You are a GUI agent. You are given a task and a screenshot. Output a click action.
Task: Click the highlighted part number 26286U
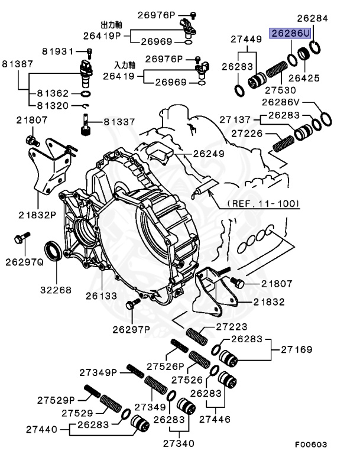click(290, 34)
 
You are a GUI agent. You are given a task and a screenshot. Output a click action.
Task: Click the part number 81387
click(18, 63)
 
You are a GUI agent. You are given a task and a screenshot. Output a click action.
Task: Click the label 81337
click(119, 121)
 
